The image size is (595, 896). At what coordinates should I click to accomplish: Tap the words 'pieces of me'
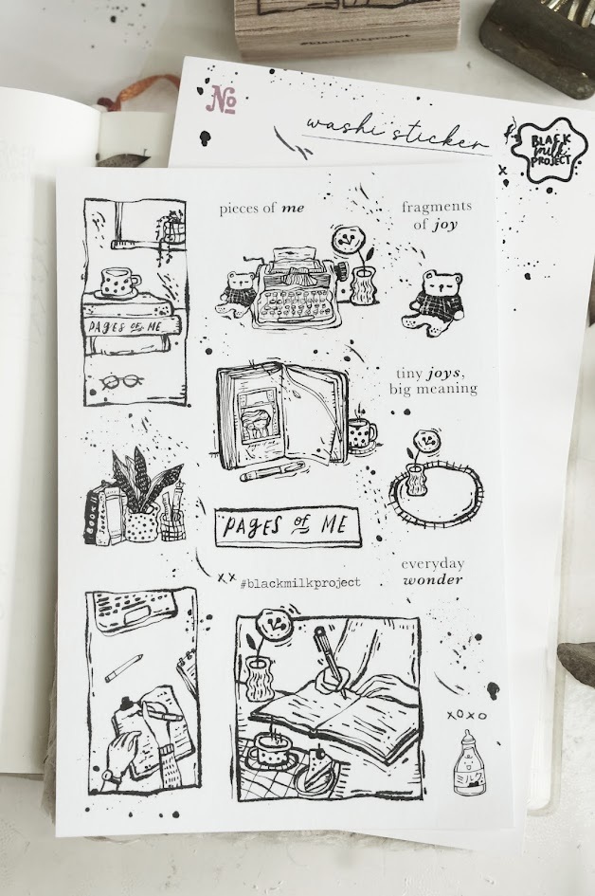tap(261, 208)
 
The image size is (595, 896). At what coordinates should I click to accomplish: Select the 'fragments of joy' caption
tap(435, 215)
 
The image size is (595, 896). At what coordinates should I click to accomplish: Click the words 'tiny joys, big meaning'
tap(432, 381)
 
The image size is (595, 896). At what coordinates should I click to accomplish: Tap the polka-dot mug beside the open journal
tap(362, 432)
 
